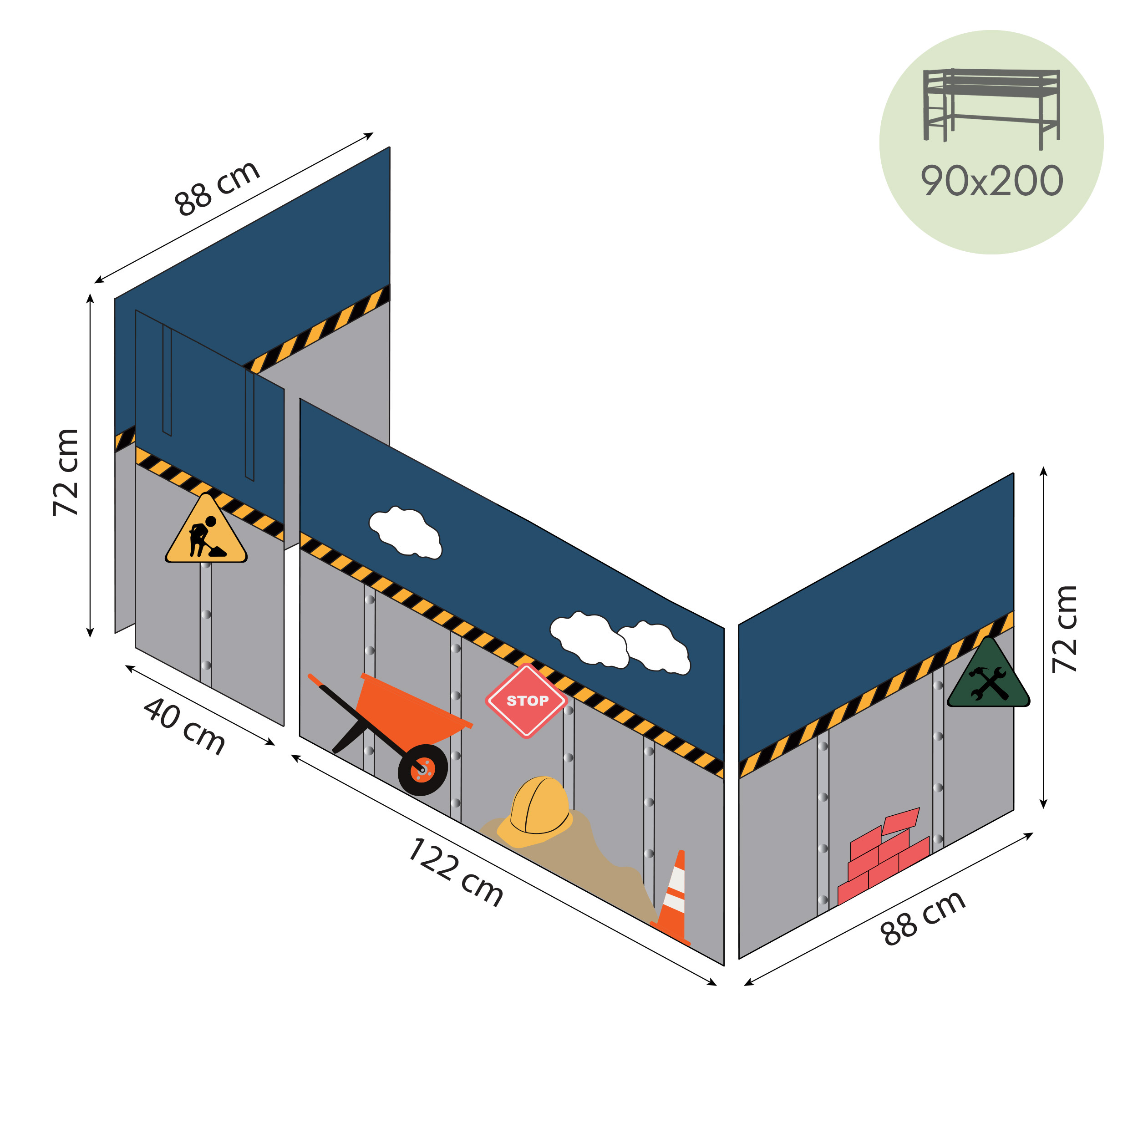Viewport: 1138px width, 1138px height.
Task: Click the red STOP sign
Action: (x=526, y=701)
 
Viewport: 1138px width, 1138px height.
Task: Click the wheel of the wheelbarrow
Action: (x=423, y=769)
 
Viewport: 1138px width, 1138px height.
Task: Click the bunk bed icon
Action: (x=991, y=106)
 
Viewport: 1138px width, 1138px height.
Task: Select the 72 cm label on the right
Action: (x=1065, y=629)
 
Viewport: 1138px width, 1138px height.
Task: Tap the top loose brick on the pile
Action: (x=899, y=821)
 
